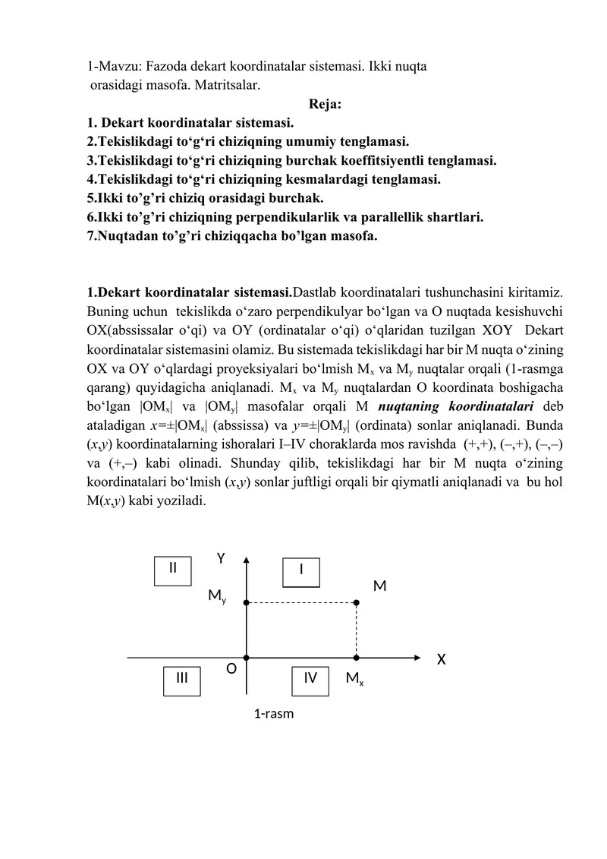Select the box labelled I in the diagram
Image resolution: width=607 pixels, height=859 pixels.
[302, 572]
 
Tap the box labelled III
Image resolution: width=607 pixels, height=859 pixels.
[183, 679]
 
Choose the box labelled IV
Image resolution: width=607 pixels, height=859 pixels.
[310, 679]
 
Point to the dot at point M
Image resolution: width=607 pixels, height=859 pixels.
[357, 602]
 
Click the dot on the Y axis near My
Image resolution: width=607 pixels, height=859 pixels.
[247, 602]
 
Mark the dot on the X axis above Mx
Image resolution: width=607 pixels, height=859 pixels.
[357, 658]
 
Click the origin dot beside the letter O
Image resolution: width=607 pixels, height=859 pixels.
[247, 658]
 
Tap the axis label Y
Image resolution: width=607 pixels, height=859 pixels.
[221, 559]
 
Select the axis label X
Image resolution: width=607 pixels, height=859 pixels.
[441, 659]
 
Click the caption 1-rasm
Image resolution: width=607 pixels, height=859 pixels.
[274, 714]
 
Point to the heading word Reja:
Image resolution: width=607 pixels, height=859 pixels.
[326, 104]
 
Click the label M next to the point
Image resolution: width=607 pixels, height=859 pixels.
[380, 586]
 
